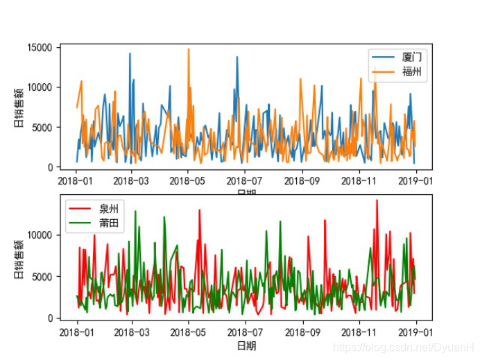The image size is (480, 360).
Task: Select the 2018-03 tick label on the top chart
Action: point(132,180)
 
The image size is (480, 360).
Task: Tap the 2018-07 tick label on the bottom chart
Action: point(246,331)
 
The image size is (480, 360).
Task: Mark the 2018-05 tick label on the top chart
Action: point(189,180)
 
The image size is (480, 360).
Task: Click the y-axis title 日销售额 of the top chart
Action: point(19,108)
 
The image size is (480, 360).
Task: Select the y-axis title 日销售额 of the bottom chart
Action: point(19,257)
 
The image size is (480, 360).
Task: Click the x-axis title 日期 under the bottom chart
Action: point(246,345)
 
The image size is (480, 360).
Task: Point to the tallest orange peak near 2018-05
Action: point(188,49)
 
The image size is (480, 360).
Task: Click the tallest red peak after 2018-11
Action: point(377,200)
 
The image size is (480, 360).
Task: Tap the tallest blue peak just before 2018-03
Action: point(129,53)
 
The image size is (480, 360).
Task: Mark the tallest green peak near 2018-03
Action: point(135,212)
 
